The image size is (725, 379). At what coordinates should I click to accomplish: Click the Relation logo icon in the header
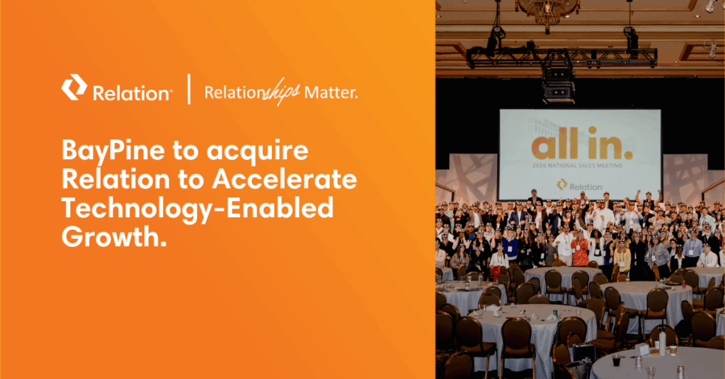74,89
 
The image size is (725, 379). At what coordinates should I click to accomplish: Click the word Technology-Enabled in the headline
198,209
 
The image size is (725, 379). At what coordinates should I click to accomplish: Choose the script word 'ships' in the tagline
283,93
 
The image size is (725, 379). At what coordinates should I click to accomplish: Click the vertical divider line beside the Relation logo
189,89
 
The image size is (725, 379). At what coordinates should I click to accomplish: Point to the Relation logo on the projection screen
580,185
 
